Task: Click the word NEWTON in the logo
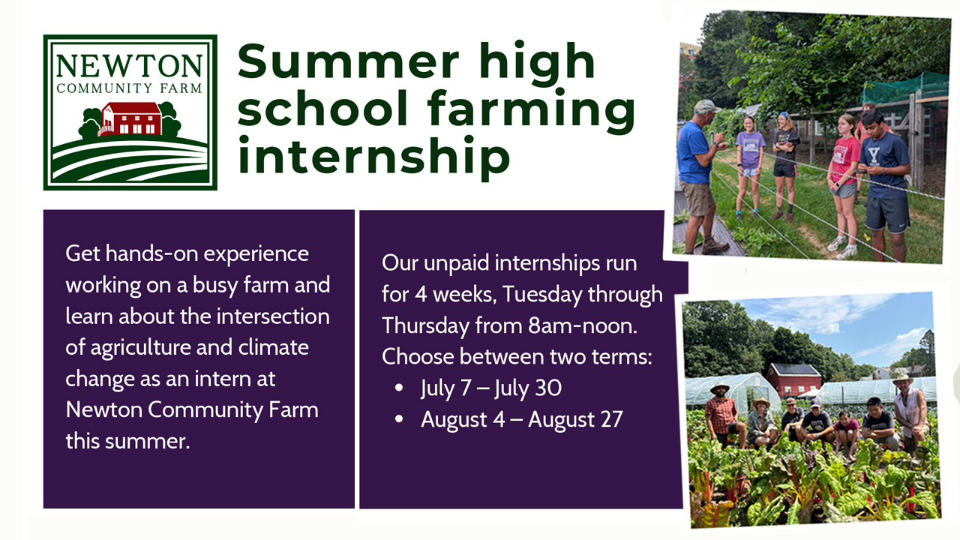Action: (x=129, y=67)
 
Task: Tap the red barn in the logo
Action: (x=130, y=118)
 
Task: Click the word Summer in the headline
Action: (x=348, y=61)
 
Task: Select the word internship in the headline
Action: (x=373, y=154)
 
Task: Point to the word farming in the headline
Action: (x=531, y=109)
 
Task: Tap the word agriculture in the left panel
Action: (x=140, y=347)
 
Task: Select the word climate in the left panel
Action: (x=273, y=347)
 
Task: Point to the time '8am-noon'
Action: (x=583, y=325)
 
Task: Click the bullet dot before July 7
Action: (x=399, y=388)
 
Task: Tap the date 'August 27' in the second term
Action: (x=575, y=419)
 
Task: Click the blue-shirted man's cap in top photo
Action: (x=706, y=106)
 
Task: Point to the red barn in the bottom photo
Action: (x=794, y=379)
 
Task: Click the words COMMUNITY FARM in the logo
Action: (x=129, y=88)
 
